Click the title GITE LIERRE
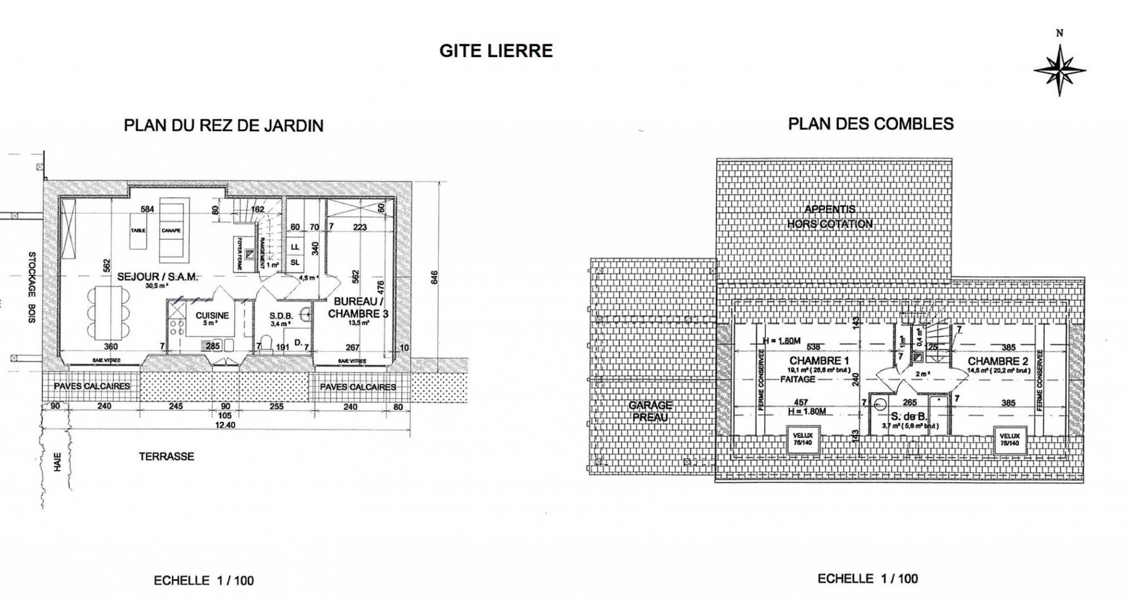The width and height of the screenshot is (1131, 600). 496,51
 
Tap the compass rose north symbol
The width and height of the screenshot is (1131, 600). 1059,70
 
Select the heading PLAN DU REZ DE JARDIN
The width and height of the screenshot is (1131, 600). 223,125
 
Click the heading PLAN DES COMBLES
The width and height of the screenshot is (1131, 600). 871,124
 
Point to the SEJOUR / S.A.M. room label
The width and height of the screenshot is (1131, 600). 157,277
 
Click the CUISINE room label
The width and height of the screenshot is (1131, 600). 212,316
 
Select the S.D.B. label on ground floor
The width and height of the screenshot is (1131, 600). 281,316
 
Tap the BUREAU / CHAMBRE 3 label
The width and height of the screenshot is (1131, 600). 358,308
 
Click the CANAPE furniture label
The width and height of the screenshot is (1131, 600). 171,231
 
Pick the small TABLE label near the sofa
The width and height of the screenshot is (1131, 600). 138,231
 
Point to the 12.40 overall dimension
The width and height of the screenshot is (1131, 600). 225,425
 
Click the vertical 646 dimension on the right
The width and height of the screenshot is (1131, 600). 434,277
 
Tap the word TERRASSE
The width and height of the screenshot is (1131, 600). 167,456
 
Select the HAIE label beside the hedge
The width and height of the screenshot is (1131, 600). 57,462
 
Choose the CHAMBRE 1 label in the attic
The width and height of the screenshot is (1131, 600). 819,361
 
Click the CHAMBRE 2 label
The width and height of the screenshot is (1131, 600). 997,361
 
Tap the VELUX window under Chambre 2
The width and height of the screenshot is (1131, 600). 1009,439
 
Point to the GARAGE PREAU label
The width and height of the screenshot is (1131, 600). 650,411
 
